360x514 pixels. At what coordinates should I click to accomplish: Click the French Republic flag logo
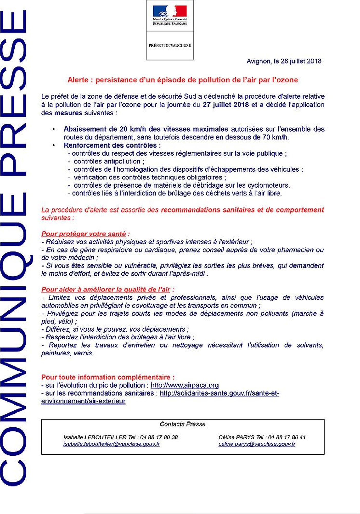170,12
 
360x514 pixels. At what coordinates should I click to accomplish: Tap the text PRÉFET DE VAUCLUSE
170,45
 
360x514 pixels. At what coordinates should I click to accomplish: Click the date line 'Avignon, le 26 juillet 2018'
284,61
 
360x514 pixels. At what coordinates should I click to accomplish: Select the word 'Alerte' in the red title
78,80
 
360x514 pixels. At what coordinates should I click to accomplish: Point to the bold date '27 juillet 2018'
226,105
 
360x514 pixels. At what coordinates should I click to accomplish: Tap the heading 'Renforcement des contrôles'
110,145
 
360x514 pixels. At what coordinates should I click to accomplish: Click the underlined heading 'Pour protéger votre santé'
84,234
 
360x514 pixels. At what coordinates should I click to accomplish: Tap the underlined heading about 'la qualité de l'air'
106,290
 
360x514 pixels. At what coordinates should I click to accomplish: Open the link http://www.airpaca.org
185,385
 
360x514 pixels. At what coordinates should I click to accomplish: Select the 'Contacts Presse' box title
183,424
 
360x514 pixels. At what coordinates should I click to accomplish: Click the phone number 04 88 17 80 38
159,437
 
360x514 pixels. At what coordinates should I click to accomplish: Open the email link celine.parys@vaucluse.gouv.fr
257,444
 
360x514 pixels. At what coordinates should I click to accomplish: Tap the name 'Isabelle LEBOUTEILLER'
95,437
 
